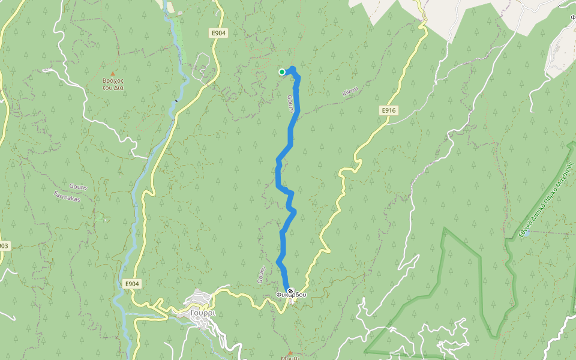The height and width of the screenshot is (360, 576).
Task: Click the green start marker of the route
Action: click(282, 72)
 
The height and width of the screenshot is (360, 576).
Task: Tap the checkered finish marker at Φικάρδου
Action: click(290, 291)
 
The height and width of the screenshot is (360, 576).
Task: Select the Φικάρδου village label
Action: click(291, 295)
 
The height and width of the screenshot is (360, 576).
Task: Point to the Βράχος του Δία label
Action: click(113, 84)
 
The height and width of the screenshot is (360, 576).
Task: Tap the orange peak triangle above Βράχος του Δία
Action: click(112, 73)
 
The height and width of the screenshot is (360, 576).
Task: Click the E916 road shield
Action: click(389, 111)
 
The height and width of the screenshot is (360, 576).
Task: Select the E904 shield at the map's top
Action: click(218, 34)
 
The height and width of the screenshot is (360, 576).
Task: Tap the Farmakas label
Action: click(67, 196)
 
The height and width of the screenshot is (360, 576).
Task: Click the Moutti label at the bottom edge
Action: click(291, 358)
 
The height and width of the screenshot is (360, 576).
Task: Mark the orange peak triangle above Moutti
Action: click(290, 352)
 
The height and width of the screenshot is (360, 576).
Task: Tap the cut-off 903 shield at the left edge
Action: click(4, 246)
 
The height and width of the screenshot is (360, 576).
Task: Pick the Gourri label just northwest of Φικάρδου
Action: click(261, 275)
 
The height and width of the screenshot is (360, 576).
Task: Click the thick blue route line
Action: click(283, 240)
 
